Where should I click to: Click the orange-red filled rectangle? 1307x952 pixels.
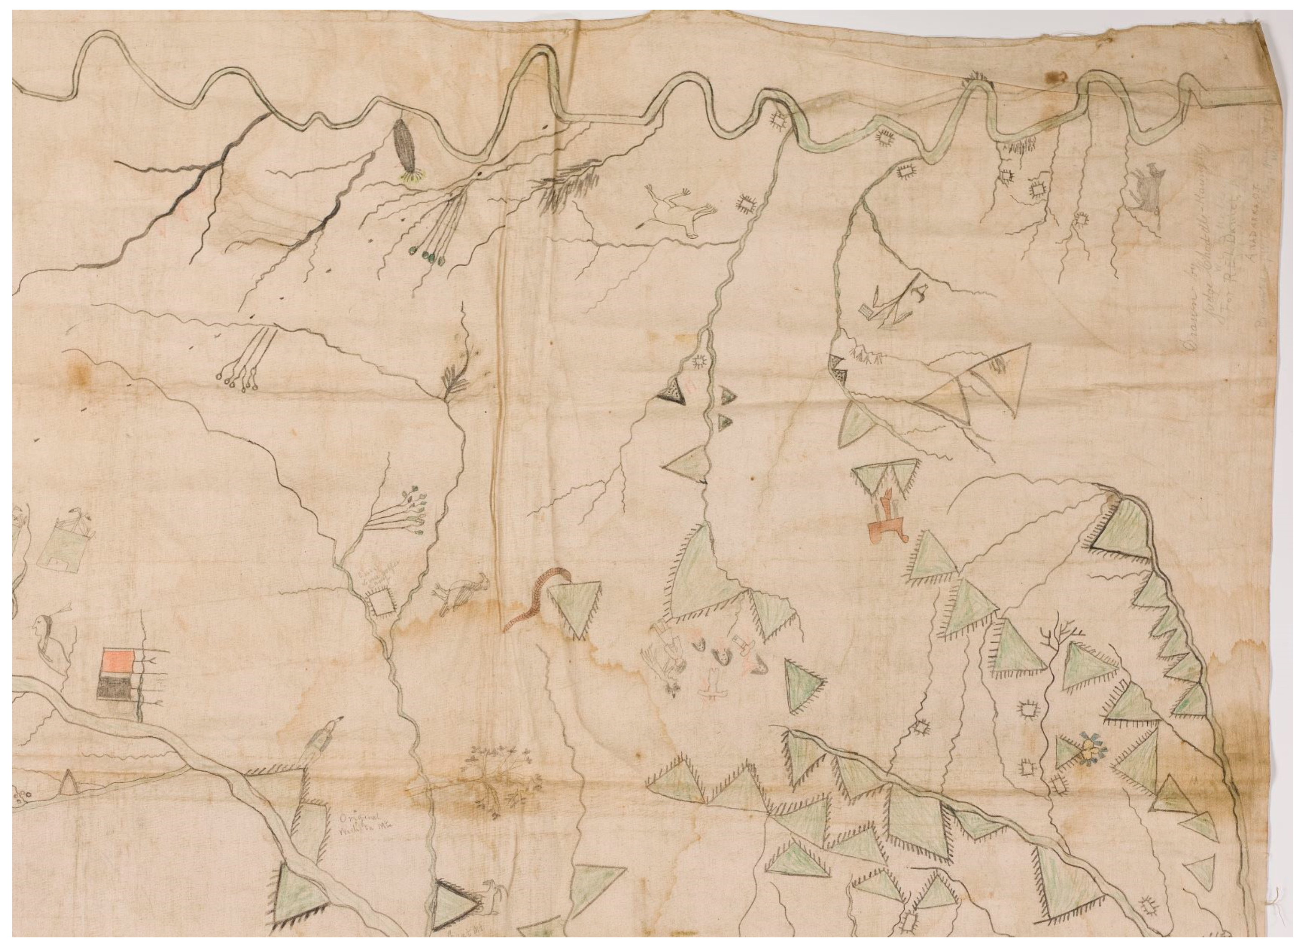tap(119, 662)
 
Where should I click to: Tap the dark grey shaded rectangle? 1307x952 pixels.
tap(119, 689)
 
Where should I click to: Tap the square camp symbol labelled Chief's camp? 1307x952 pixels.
tap(379, 604)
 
